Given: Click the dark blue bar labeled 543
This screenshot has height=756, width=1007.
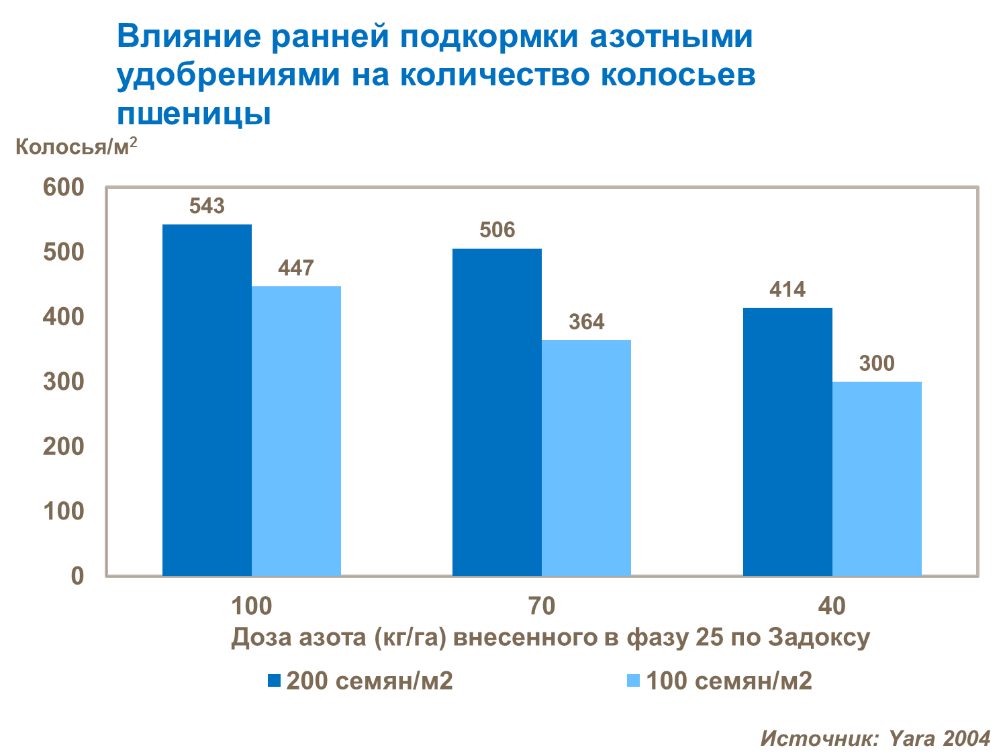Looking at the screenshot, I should (x=207, y=400).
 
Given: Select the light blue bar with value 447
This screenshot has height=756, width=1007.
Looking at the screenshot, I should (x=296, y=431).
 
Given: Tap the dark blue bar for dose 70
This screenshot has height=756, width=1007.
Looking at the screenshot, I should (x=497, y=412).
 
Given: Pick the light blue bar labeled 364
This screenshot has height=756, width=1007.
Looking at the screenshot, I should (x=586, y=458).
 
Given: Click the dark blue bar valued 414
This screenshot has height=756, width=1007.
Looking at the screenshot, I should (x=787, y=442).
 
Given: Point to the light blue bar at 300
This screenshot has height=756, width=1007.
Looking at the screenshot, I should (x=877, y=478).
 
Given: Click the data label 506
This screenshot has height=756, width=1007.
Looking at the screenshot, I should (x=497, y=230).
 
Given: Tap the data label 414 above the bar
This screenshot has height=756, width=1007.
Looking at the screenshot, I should (x=787, y=290).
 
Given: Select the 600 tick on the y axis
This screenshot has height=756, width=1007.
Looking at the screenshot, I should (x=64, y=187).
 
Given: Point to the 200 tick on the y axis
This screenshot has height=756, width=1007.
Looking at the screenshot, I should (x=64, y=446).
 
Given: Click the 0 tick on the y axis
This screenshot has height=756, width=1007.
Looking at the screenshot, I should (x=77, y=576).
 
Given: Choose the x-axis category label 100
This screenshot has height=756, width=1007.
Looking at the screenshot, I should (x=252, y=606).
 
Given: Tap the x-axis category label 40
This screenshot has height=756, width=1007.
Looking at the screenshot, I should (x=832, y=606).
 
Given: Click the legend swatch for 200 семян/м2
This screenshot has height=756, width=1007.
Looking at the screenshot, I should (x=273, y=681).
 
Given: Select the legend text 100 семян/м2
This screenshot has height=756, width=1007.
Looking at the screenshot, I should (x=729, y=681).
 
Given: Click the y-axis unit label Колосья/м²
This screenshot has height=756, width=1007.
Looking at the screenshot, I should (x=76, y=146).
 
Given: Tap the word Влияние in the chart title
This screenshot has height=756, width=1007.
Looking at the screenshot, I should (x=189, y=37).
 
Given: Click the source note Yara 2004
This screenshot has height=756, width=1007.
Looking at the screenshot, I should (x=940, y=739).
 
